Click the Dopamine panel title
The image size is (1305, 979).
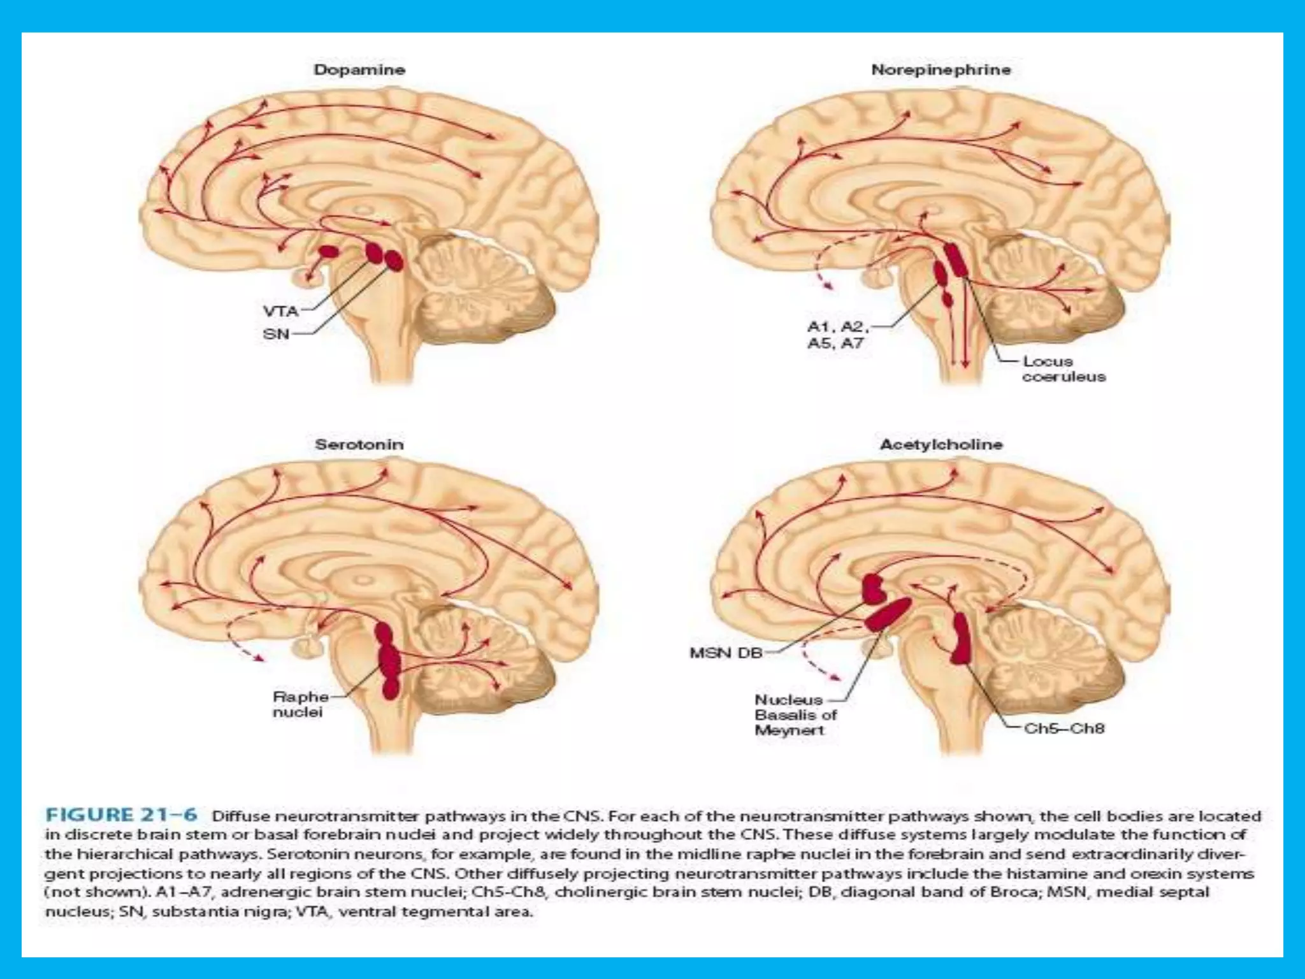tap(359, 70)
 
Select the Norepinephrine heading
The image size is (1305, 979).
tap(941, 70)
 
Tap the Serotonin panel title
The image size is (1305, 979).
tap(359, 444)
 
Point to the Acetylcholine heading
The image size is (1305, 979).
tap(941, 444)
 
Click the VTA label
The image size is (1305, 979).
tap(281, 311)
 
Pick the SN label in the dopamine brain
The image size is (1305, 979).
tap(276, 333)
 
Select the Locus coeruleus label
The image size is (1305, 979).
tap(1063, 369)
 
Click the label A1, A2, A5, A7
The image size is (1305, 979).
tap(837, 335)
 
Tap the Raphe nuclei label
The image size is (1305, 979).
tap(300, 704)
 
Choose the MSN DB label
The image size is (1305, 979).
tap(726, 653)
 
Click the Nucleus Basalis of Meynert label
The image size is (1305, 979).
tap(795, 714)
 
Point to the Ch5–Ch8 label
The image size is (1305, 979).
tap(1063, 728)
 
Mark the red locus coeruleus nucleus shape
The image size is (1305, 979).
tap(955, 259)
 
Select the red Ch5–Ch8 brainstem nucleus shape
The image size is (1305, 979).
tap(960, 639)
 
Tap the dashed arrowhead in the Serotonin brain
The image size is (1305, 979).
tap(259, 658)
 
